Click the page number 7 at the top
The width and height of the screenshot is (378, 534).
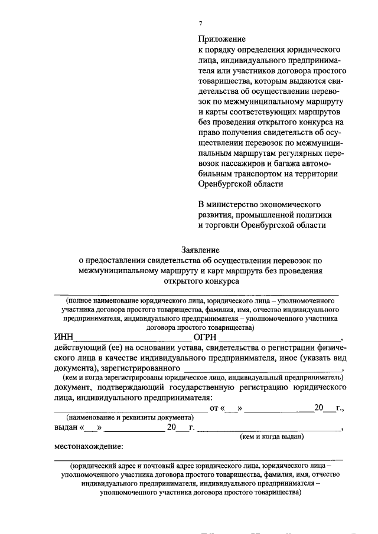tap(200, 23)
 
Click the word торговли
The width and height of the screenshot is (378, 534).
tap(221, 225)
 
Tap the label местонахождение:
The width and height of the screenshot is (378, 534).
tap(89, 446)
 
